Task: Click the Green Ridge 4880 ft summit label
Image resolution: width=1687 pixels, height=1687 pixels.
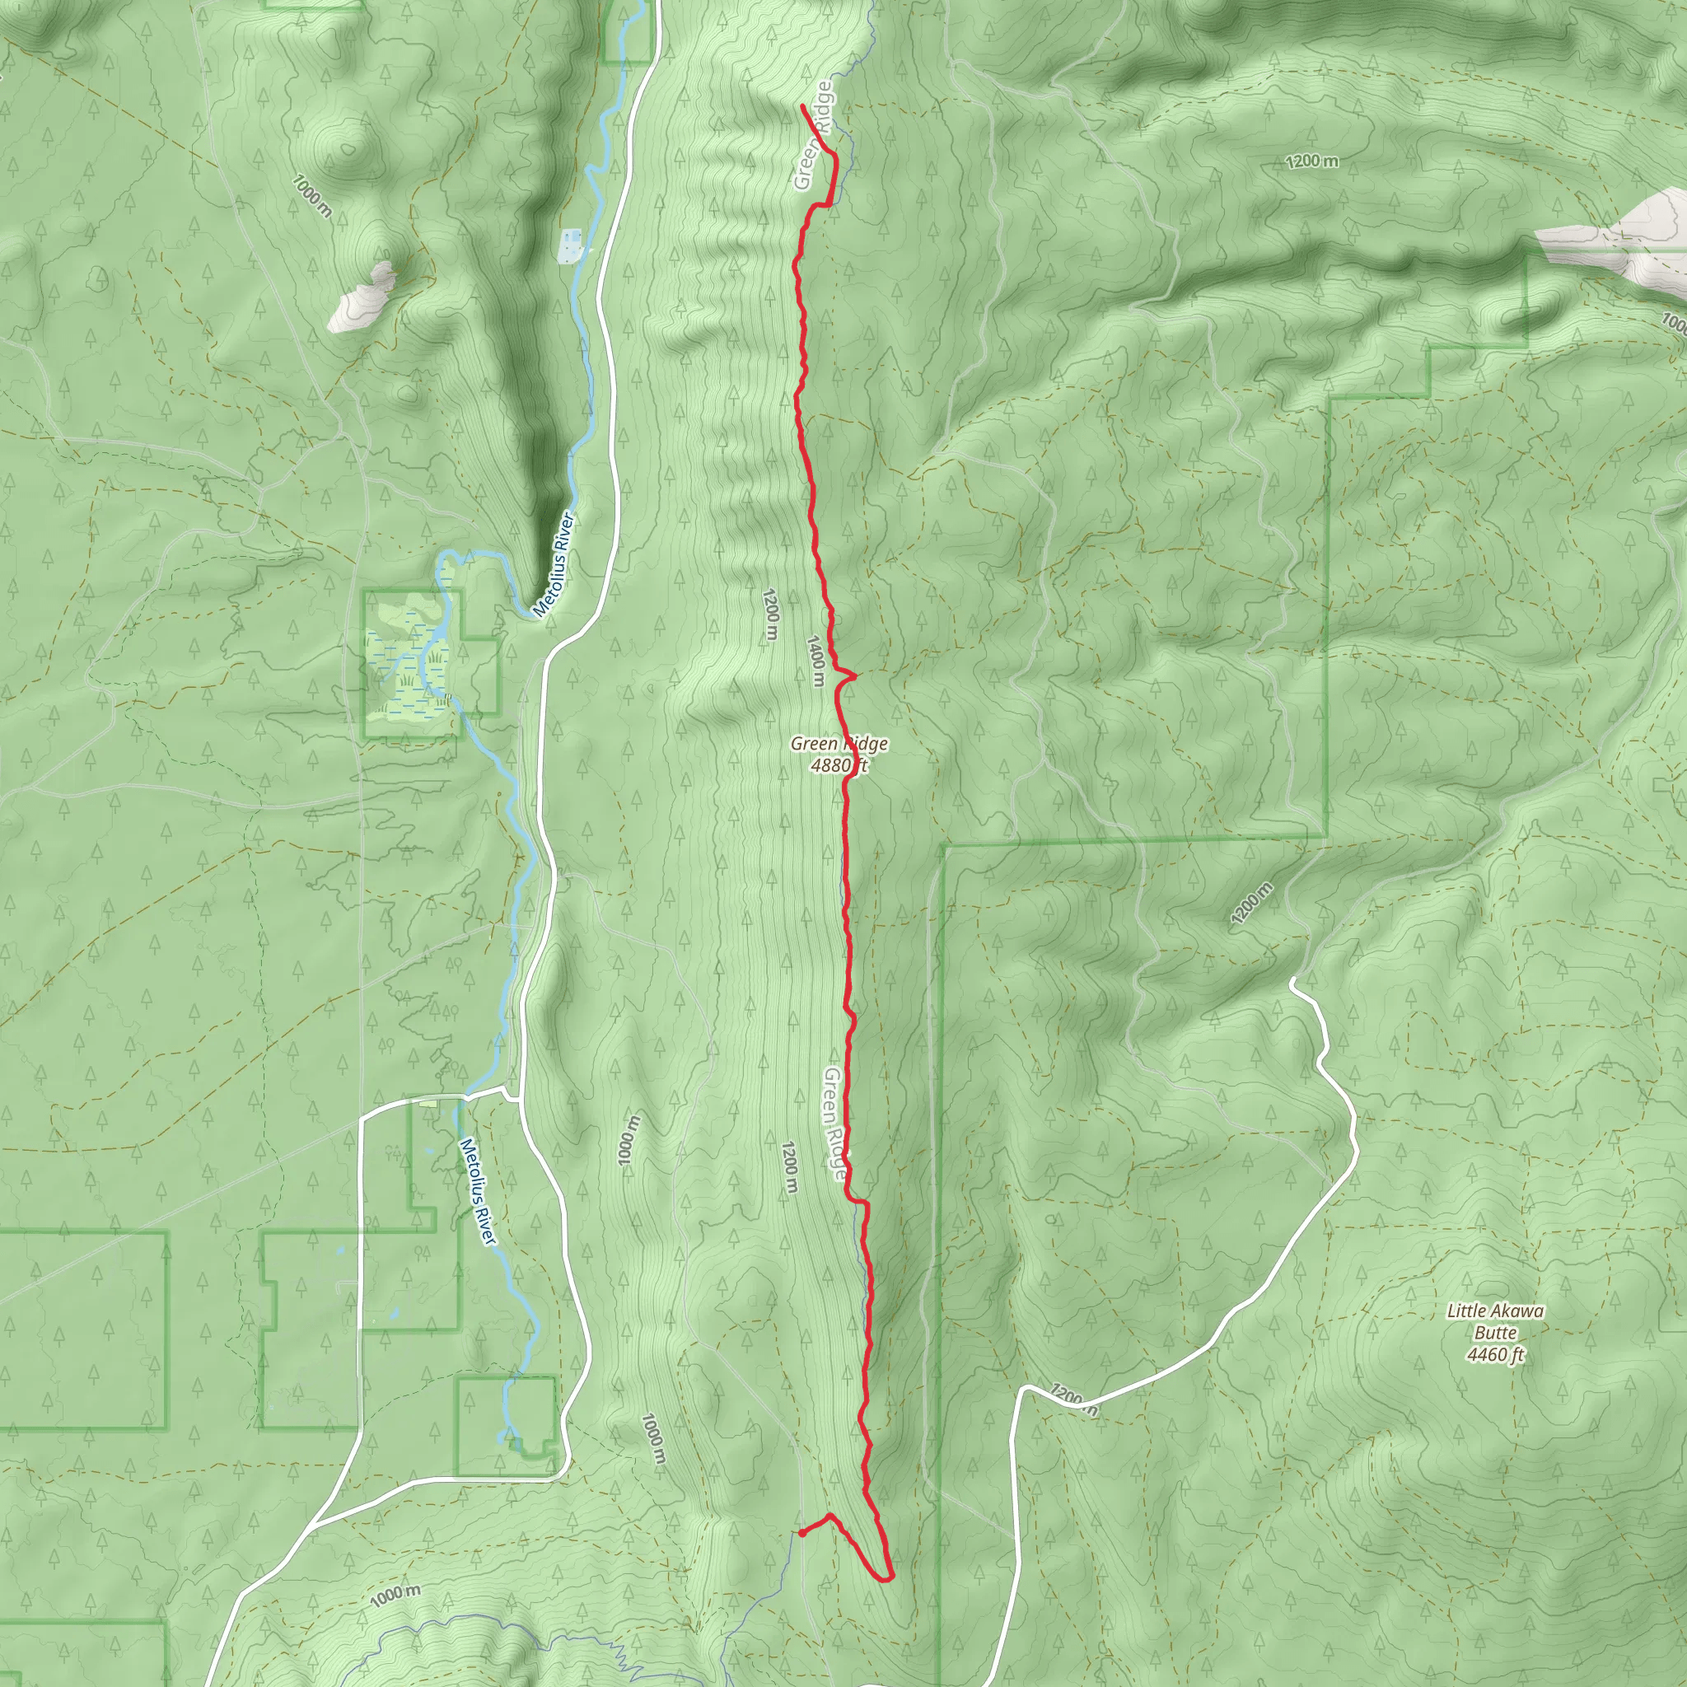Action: click(x=839, y=755)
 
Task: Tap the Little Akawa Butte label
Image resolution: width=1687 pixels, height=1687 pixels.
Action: click(x=1495, y=1323)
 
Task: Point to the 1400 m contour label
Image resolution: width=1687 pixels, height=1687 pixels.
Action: click(x=815, y=660)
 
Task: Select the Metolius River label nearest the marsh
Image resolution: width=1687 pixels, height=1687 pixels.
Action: click(x=554, y=565)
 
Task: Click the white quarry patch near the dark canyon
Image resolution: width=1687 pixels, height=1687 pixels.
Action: click(x=362, y=297)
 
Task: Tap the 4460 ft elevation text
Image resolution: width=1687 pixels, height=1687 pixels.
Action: click(x=1495, y=1355)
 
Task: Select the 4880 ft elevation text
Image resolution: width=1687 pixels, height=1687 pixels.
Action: click(x=839, y=767)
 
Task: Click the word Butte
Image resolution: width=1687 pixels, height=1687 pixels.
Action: click(x=1495, y=1334)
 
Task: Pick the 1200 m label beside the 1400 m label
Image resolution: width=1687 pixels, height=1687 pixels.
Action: click(x=769, y=615)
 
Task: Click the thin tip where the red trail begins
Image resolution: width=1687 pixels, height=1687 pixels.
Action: click(x=801, y=105)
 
